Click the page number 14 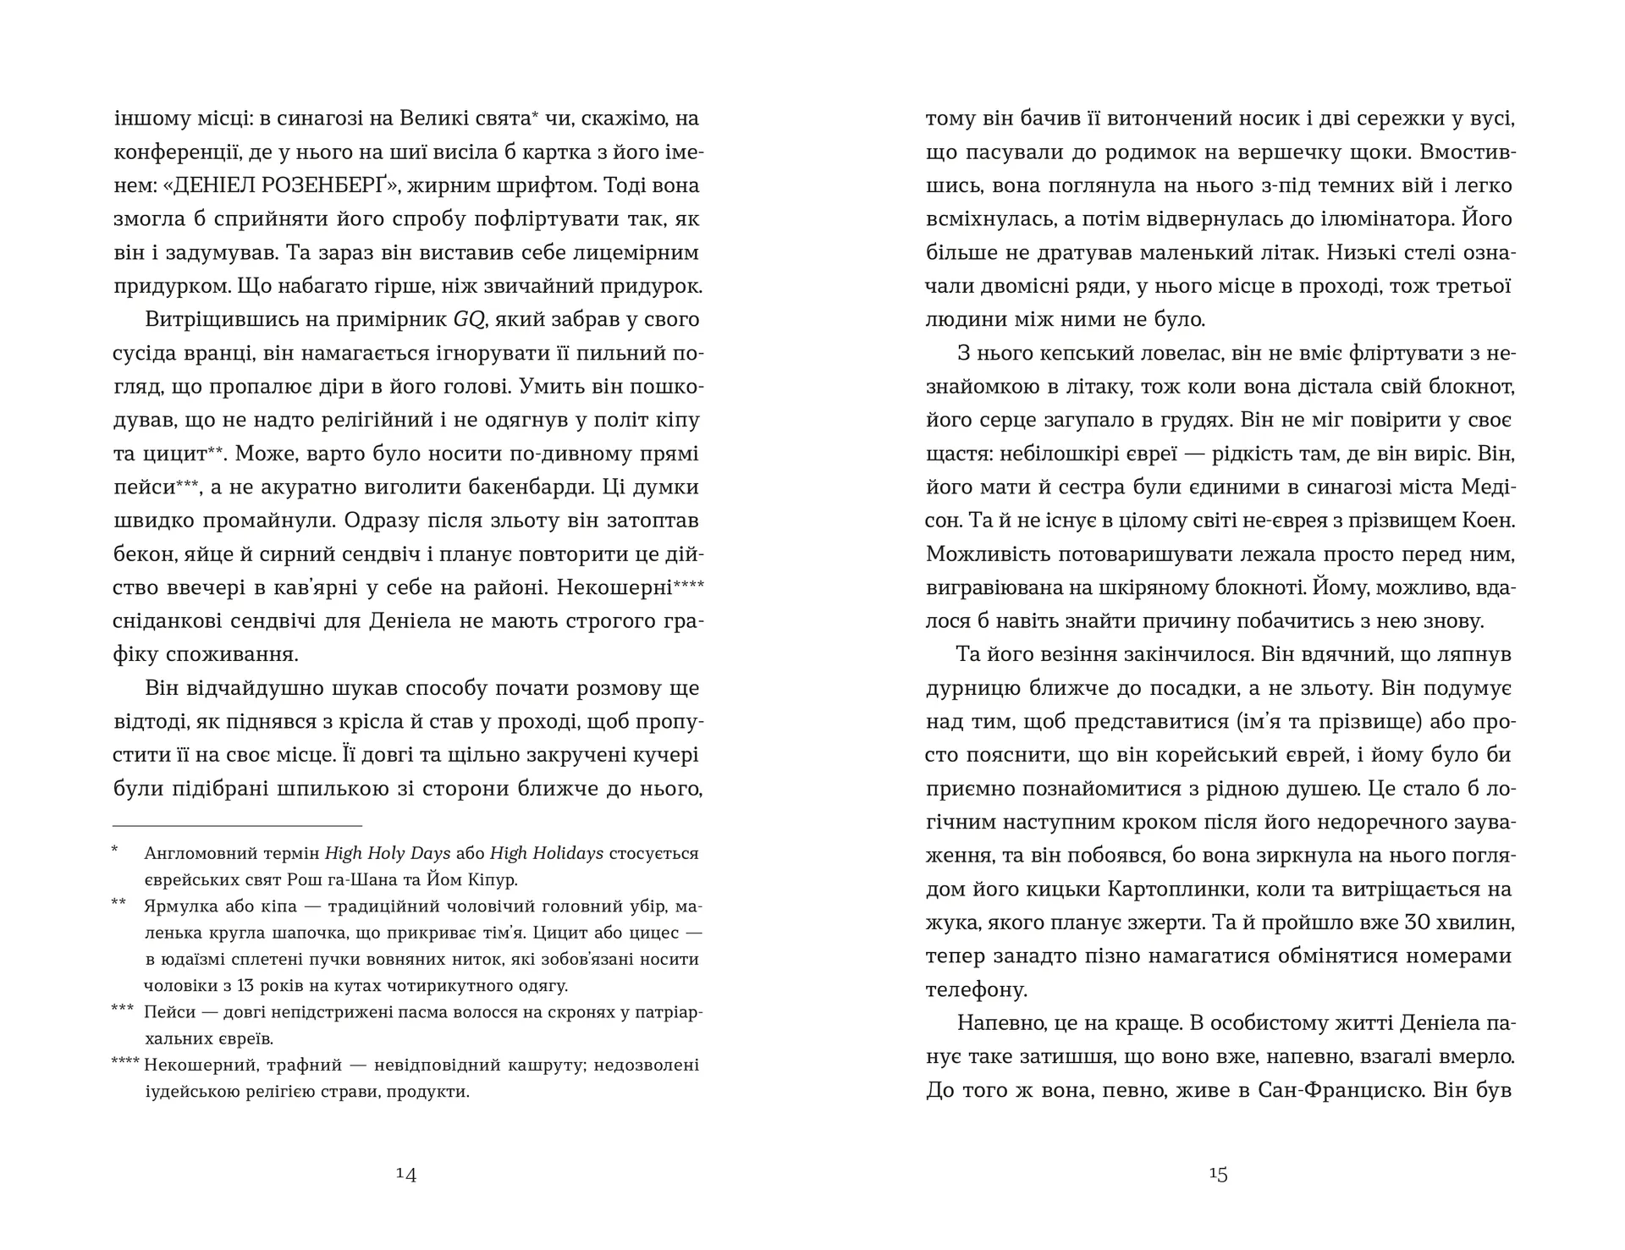tap(405, 1175)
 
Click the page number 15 tap(1218, 1175)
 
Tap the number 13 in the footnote tap(249, 986)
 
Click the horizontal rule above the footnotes tap(238, 826)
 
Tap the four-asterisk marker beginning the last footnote tap(126, 1064)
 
